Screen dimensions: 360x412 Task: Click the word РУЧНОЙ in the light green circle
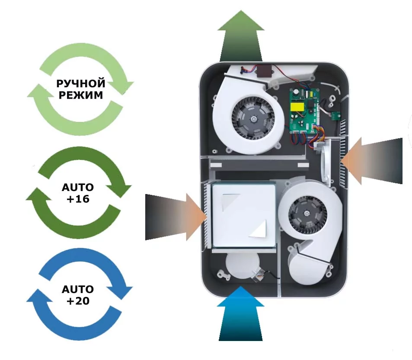click(x=81, y=83)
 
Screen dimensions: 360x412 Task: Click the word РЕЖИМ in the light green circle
click(x=81, y=95)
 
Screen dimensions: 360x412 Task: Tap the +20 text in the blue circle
click(x=78, y=301)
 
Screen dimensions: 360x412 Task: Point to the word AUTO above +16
click(x=78, y=188)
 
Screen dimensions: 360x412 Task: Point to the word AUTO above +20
click(x=78, y=289)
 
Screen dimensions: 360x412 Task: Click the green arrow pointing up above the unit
click(x=241, y=37)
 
